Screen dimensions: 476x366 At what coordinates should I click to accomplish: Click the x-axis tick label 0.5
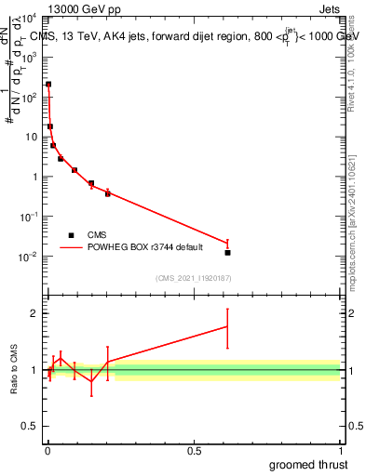[x=194, y=452]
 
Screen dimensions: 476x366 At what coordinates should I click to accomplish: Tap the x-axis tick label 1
[x=340, y=452]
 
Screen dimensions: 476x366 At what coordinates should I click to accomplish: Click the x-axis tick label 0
[x=47, y=452]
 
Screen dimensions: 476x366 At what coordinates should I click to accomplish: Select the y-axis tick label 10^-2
[x=31, y=257]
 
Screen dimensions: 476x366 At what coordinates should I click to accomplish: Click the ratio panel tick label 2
[x=37, y=313]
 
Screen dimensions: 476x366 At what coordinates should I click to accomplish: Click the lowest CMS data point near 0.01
[x=227, y=252]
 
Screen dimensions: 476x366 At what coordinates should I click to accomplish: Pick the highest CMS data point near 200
[x=48, y=85]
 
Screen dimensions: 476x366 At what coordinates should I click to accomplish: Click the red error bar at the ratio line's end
[x=227, y=326]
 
